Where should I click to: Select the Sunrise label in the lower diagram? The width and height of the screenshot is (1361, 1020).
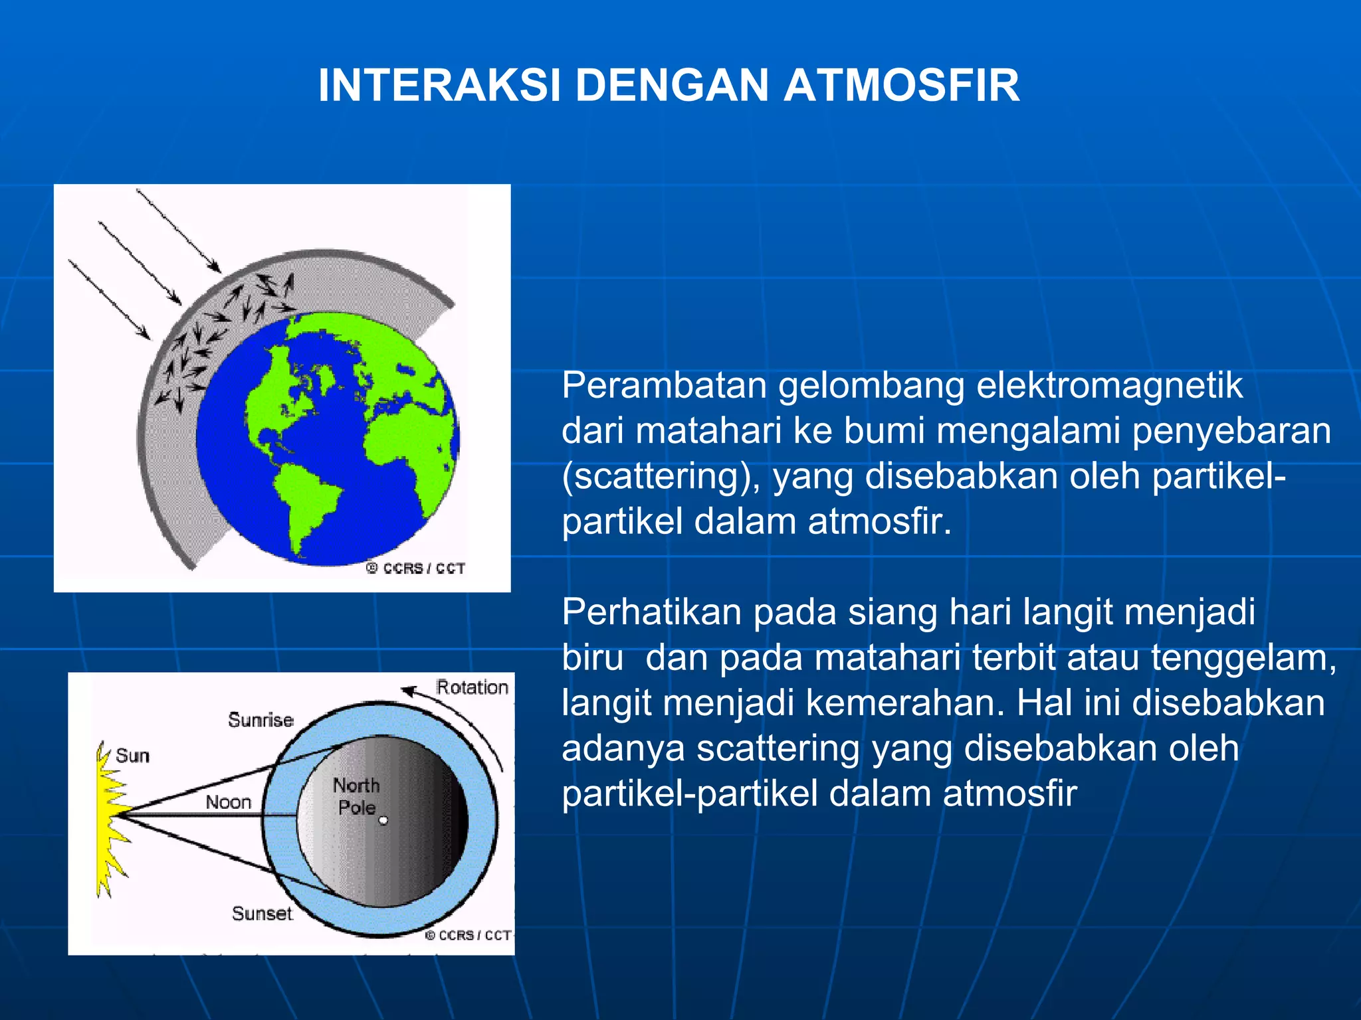pyautogui.click(x=261, y=720)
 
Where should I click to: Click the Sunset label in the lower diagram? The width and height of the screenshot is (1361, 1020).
pyautogui.click(x=262, y=914)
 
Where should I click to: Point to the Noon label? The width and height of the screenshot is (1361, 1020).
pyautogui.click(x=229, y=802)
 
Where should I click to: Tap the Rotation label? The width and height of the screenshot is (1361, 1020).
pyautogui.click(x=472, y=687)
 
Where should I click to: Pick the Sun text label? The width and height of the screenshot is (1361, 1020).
pyautogui.click(x=132, y=756)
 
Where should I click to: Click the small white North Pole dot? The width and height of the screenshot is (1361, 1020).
pyautogui.click(x=383, y=821)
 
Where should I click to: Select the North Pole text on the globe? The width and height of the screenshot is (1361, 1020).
pyautogui.click(x=357, y=796)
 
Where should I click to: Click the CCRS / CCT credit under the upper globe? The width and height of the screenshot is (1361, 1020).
pyautogui.click(x=416, y=568)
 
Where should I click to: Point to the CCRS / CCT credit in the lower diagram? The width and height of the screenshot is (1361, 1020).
pyautogui.click(x=468, y=935)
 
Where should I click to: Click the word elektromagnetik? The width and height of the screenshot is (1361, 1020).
pyautogui.click(x=1109, y=385)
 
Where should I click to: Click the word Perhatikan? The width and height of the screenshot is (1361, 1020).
pyautogui.click(x=651, y=612)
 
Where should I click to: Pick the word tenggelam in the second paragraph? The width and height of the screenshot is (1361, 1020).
pyautogui.click(x=1243, y=657)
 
